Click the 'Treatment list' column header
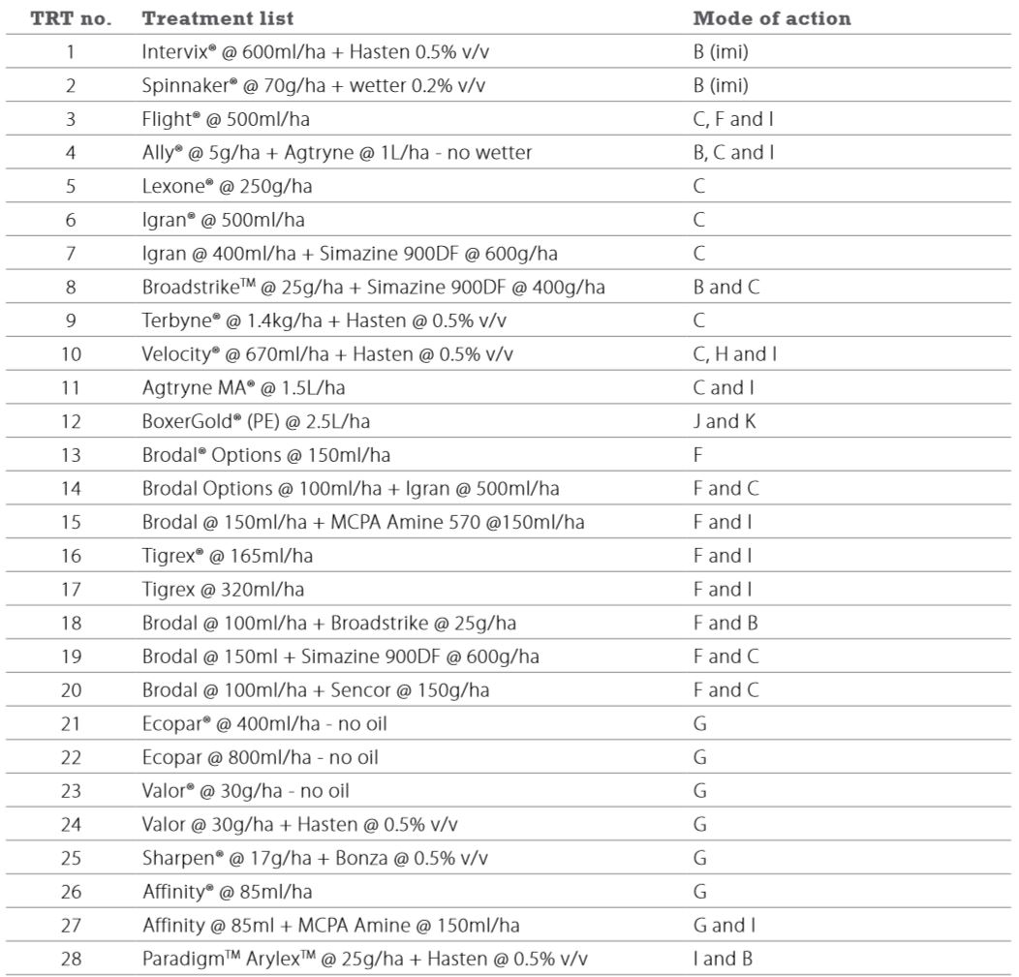click(218, 18)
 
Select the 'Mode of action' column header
click(772, 18)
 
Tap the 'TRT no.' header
click(71, 18)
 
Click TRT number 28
click(70, 959)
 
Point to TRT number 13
click(70, 455)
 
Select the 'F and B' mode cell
click(726, 623)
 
